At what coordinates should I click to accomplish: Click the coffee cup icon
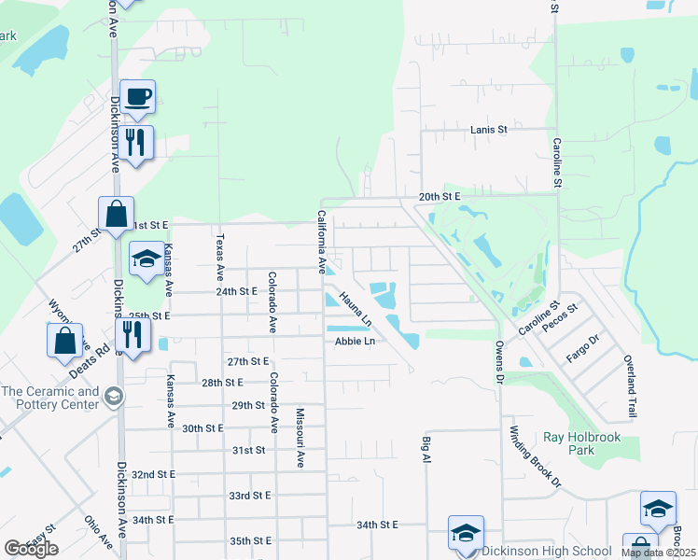137,96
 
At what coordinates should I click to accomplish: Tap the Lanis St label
488,130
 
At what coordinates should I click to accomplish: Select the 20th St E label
440,197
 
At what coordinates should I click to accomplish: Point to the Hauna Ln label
356,309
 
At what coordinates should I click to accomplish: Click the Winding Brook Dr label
535,457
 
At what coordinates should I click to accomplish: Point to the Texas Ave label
220,258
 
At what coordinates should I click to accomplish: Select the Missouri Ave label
300,438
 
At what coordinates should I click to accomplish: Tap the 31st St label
249,450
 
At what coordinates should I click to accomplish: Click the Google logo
31,549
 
